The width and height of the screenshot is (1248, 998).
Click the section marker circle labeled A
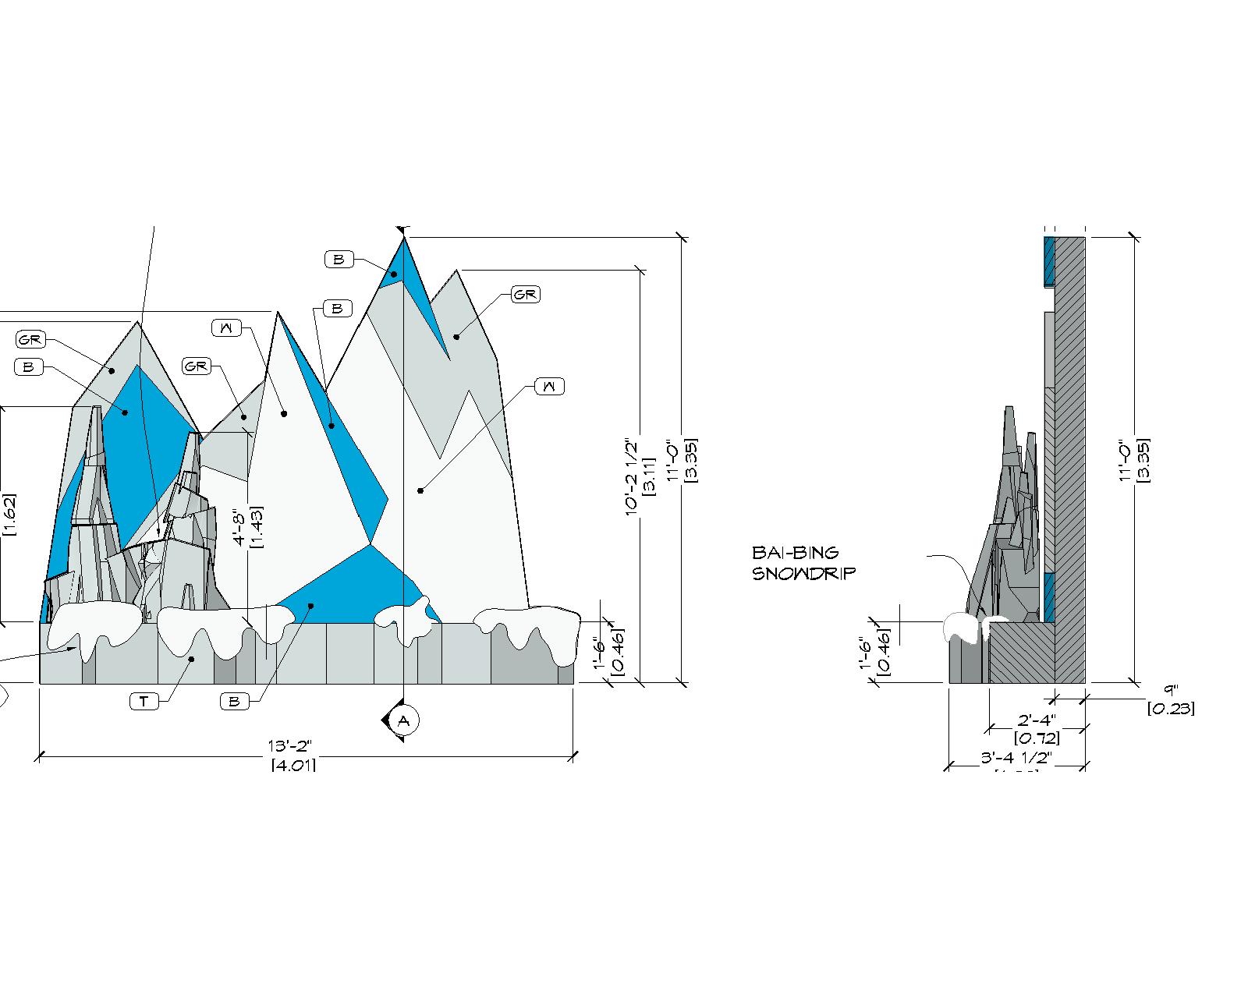403,720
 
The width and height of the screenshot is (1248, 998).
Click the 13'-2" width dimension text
293,748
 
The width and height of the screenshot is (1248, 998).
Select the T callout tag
144,702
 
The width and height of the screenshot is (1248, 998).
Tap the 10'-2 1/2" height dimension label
632,476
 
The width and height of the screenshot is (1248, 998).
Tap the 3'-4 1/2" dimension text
1016,758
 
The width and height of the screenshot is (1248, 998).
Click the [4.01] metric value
293,766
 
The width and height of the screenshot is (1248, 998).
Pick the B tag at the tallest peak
338,260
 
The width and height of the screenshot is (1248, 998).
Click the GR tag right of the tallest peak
525,295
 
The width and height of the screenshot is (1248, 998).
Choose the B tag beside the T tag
233,702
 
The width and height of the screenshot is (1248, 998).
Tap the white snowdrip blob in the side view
962,628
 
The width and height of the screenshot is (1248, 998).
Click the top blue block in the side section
1049,260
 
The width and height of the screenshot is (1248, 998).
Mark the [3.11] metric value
648,476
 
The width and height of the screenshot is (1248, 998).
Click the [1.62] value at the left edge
9,515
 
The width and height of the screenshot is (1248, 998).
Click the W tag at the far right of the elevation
550,386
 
